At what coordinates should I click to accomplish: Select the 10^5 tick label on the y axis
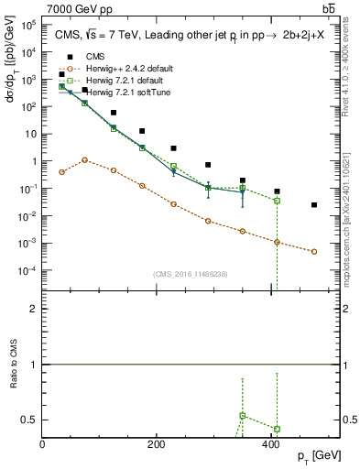(x=25, y=25)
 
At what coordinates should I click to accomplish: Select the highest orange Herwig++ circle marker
(x=85, y=159)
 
